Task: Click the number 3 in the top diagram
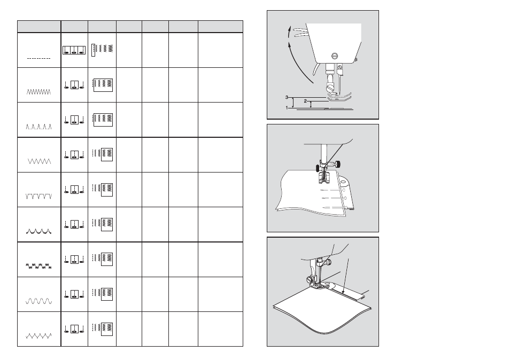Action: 287,97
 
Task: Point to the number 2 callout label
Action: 305,101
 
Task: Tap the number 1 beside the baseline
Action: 287,107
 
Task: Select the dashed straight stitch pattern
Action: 38,58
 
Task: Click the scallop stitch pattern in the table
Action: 38,231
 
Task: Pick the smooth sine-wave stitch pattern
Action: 38,301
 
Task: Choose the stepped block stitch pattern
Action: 38,266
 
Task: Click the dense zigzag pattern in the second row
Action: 38,92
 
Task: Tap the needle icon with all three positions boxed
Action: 74,50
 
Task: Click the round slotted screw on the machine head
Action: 334,56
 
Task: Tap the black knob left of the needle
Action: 318,168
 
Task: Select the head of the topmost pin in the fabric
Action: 343,190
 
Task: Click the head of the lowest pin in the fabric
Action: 347,208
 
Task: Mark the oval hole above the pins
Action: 343,181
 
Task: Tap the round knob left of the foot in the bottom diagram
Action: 308,279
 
